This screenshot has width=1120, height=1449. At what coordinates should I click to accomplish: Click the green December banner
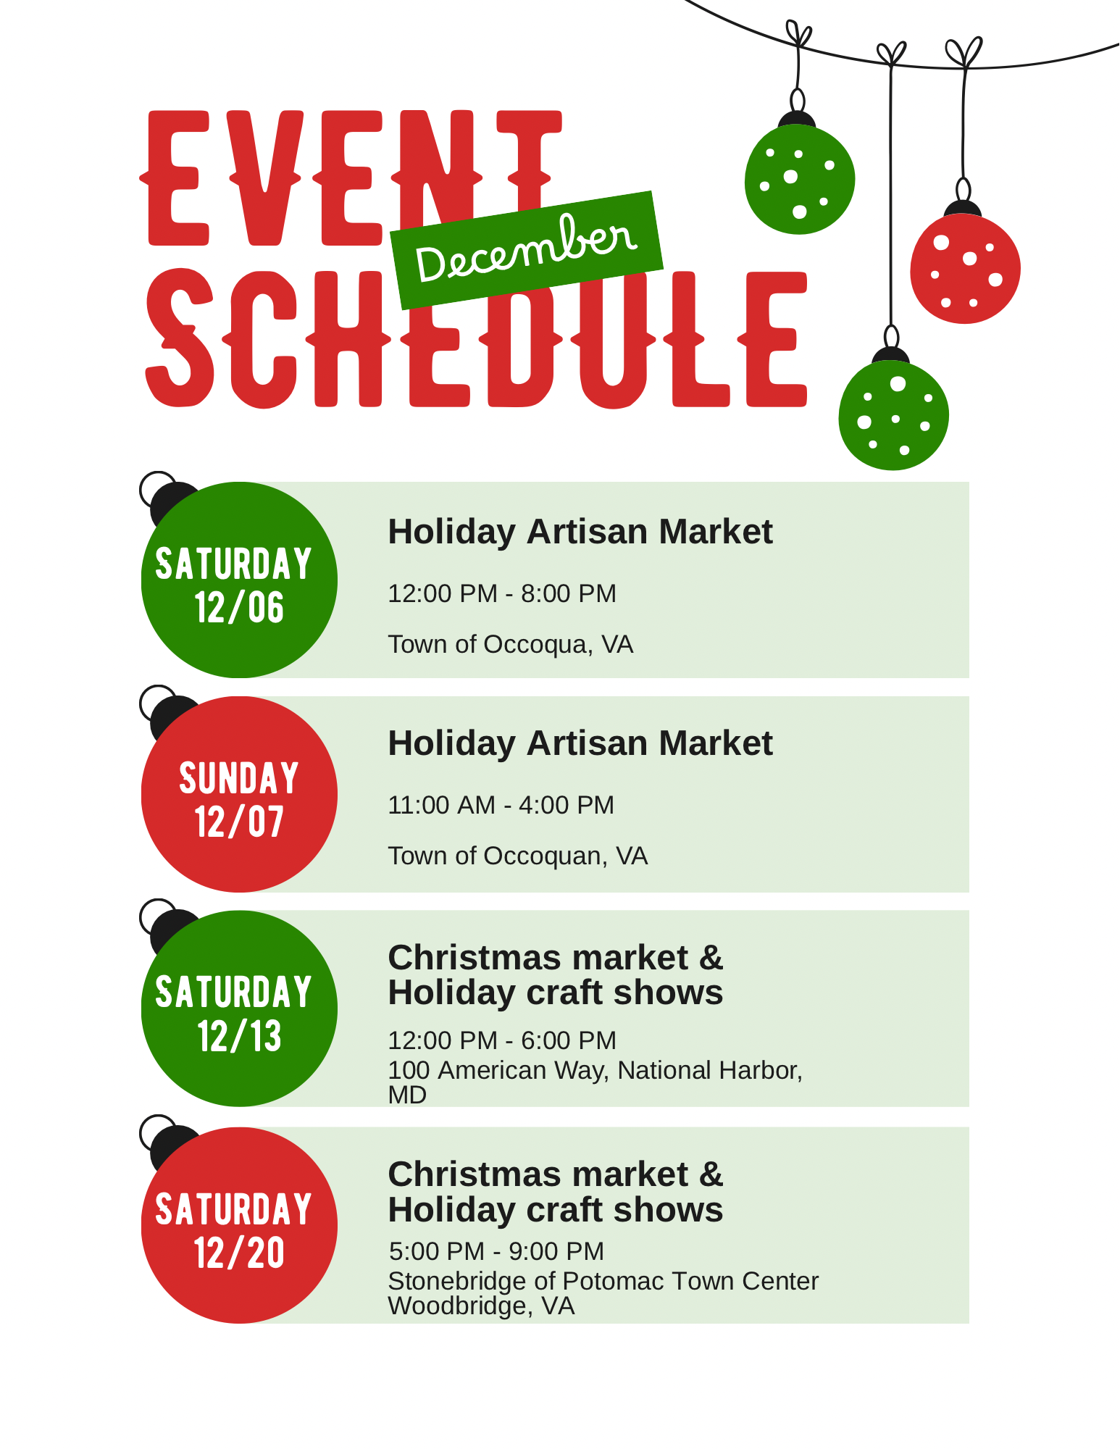pyautogui.click(x=527, y=250)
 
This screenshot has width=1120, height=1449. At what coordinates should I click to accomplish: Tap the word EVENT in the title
pyautogui.click(x=351, y=178)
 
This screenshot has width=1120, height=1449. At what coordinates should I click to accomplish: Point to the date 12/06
pyautogui.click(x=239, y=607)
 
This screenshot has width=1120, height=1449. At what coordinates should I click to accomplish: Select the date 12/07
pyautogui.click(x=239, y=822)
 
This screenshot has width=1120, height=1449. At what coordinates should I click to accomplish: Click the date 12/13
pyautogui.click(x=239, y=1036)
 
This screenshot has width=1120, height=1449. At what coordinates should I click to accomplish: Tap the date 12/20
pyautogui.click(x=239, y=1252)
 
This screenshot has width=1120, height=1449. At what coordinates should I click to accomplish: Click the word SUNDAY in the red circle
pyautogui.click(x=239, y=778)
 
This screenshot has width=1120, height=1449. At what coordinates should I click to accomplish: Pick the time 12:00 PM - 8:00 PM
pyautogui.click(x=502, y=593)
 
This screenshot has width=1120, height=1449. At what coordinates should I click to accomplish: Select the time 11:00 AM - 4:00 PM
pyautogui.click(x=501, y=805)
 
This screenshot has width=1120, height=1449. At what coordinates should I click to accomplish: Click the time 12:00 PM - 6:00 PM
pyautogui.click(x=502, y=1040)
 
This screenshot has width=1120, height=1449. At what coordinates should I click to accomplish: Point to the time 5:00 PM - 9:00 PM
pyautogui.click(x=496, y=1251)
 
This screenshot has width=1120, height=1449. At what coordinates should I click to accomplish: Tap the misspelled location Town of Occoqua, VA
pyautogui.click(x=511, y=644)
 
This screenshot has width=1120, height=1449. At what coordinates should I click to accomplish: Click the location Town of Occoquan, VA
pyautogui.click(x=518, y=856)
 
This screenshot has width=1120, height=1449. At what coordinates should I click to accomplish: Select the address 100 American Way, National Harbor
pyautogui.click(x=595, y=1070)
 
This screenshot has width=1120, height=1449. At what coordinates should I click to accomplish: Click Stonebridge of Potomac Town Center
pyautogui.click(x=603, y=1281)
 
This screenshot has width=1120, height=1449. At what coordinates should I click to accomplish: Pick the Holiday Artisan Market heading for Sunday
pyautogui.click(x=580, y=743)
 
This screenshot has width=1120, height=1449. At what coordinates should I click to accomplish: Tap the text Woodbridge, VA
pyautogui.click(x=481, y=1306)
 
